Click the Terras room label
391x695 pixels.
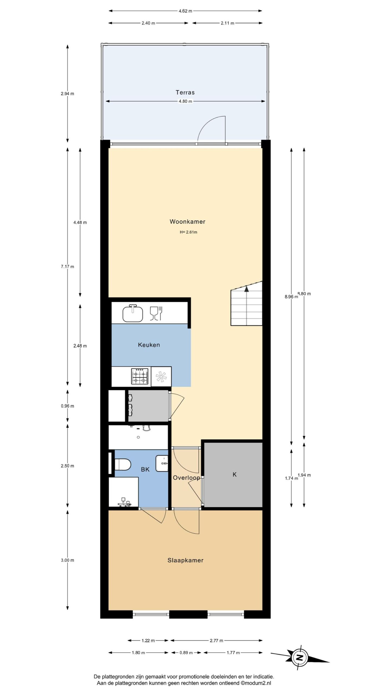point(185,93)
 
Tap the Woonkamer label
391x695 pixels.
point(187,222)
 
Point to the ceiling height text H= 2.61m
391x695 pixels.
point(188,232)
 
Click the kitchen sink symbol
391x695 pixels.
point(133,313)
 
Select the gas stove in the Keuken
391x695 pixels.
point(140,376)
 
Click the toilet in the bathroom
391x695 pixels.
point(123,464)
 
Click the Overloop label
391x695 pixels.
point(187,478)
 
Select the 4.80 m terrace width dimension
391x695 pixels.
point(185,102)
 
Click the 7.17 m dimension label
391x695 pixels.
point(68,267)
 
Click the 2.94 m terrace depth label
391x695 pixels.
point(68,94)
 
